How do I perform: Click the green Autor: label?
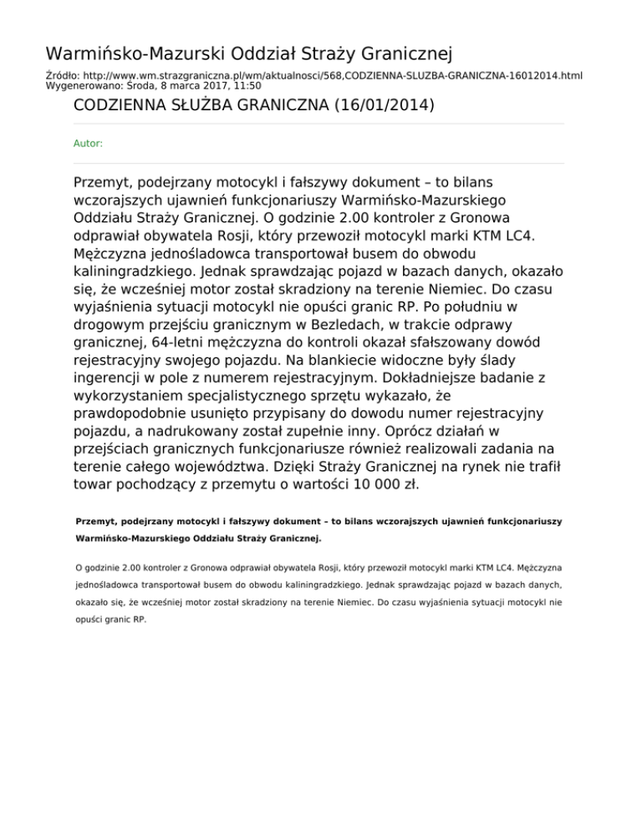click(x=89, y=144)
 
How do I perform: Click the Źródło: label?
click(x=64, y=75)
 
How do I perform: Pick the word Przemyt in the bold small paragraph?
click(x=94, y=521)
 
